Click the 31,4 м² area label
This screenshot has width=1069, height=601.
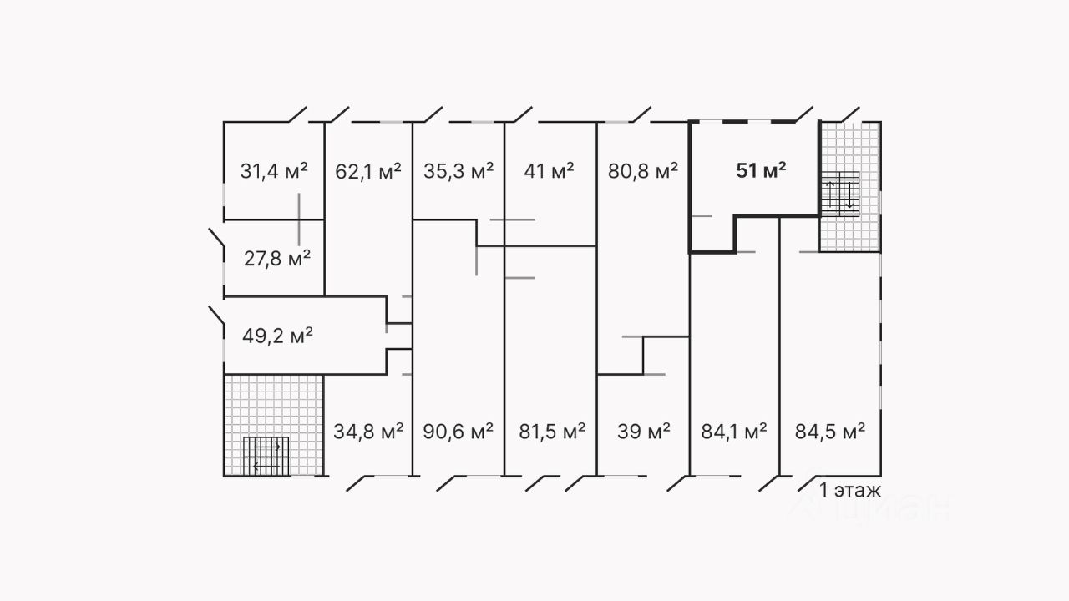(274, 172)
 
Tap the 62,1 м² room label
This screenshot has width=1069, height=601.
(367, 172)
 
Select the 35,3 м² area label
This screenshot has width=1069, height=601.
(459, 172)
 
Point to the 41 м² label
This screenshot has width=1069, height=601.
(549, 172)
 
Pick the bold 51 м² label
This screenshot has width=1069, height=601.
(761, 172)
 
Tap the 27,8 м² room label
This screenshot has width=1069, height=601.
(277, 258)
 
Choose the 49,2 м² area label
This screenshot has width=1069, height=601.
(277, 336)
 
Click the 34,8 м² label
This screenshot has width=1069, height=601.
(367, 432)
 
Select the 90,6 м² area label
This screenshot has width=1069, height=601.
(459, 432)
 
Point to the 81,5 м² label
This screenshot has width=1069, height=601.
(550, 432)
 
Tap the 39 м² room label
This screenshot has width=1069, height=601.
(643, 432)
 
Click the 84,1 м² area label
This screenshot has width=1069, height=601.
(732, 432)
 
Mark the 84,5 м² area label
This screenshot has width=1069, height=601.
(829, 432)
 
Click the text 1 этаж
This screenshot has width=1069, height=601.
(850, 490)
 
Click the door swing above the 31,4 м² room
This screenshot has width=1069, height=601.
(296, 114)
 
